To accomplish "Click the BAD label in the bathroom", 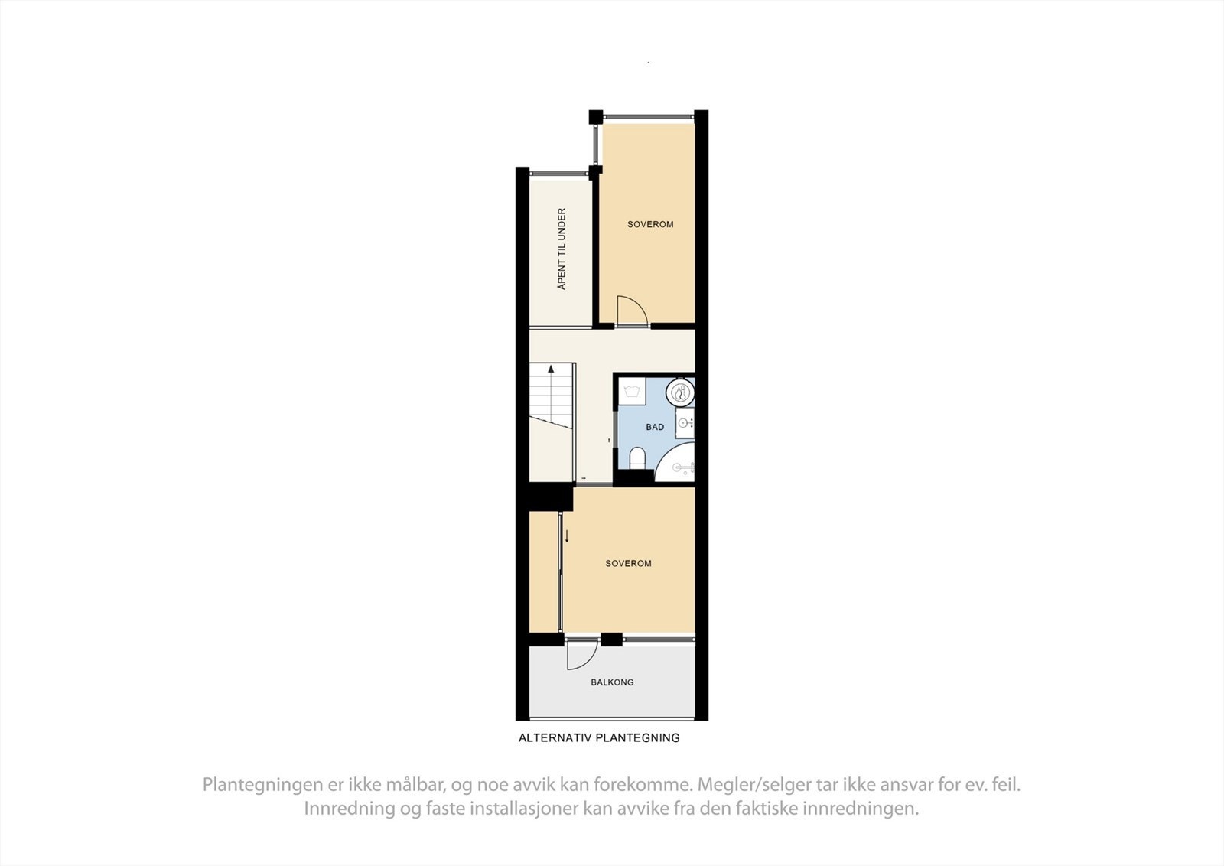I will (x=655, y=427).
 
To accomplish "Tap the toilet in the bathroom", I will (x=636, y=459).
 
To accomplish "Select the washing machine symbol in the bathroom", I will (x=632, y=392).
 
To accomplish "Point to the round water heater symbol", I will (x=679, y=393).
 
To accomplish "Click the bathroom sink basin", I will (x=685, y=422).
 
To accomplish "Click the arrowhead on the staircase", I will (x=551, y=369).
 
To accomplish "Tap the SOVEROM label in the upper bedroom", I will (x=650, y=224).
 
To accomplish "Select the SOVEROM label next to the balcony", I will (x=628, y=563).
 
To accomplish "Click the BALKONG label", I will (x=612, y=682).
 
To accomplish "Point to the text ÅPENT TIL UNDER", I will (x=562, y=249).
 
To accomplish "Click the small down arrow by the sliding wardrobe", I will (x=567, y=536).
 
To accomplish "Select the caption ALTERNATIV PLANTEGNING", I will (x=599, y=738).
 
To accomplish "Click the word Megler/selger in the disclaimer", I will (x=750, y=784).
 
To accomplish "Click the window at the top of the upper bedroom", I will (x=649, y=117).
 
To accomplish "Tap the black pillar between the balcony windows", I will (x=611, y=640).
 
